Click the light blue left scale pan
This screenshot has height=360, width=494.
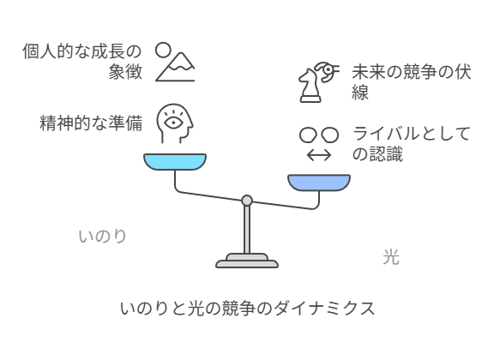pyautogui.click(x=175, y=162)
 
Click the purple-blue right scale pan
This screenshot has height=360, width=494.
pyautogui.click(x=319, y=183)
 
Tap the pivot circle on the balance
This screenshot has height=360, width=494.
pyautogui.click(x=247, y=201)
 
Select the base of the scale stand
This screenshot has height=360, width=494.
pyautogui.click(x=247, y=261)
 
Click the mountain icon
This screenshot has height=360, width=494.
pyautogui.click(x=175, y=67)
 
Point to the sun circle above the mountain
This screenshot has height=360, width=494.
pyautogui.click(x=163, y=51)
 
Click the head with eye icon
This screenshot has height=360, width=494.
pyautogui.click(x=175, y=123)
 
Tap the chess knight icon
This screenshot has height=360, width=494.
pyautogui.click(x=310, y=86)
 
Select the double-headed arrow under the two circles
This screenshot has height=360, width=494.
pyautogui.click(x=319, y=155)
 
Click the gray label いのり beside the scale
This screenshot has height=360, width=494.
pyautogui.click(x=103, y=237)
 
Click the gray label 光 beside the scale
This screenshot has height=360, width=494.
pyautogui.click(x=391, y=256)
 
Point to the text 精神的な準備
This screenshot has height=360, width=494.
pyautogui.click(x=91, y=123)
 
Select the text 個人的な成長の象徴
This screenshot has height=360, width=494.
pyautogui.click(x=82, y=62)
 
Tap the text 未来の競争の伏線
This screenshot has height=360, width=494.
pyautogui.click(x=412, y=82)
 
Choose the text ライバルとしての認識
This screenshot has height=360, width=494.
pyautogui.click(x=412, y=144)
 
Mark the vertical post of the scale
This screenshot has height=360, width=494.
pyautogui.click(x=247, y=230)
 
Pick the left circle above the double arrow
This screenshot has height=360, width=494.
pyautogui.click(x=308, y=135)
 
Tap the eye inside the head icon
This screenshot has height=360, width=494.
pyautogui.click(x=173, y=123)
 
